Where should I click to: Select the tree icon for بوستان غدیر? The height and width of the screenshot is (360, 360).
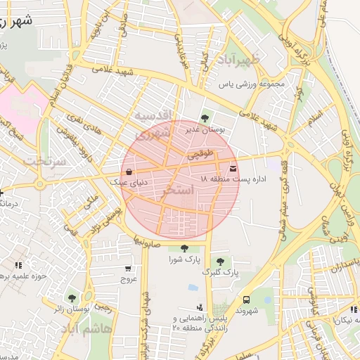(205, 118)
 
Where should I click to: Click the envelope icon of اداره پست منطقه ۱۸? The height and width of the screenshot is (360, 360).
(233, 169)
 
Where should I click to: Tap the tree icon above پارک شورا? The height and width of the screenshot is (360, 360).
(184, 247)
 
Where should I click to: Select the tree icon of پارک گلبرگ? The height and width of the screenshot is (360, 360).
(220, 262)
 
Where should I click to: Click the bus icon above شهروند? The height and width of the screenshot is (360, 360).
(246, 300)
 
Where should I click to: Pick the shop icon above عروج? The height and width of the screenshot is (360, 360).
(127, 269)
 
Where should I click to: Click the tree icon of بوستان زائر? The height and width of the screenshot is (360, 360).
(71, 297)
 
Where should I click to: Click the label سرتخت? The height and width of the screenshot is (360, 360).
(44, 161)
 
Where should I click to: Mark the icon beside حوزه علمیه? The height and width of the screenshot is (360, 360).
(18, 265)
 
